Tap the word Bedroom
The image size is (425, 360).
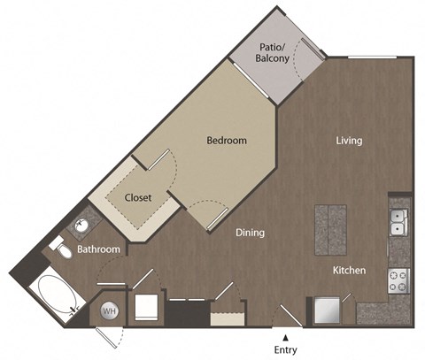point(227,140)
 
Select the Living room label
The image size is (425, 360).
point(349,140)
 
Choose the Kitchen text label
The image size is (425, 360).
point(350,270)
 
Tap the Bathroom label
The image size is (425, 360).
point(98,249)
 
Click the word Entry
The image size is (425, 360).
point(285,350)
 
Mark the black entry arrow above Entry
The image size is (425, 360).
point(285,336)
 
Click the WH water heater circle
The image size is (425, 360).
point(110,310)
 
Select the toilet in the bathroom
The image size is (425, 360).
point(59,249)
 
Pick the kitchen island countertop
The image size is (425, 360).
point(330,227)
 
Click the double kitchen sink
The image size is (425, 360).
point(398,221)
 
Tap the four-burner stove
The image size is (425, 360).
point(398,280)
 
